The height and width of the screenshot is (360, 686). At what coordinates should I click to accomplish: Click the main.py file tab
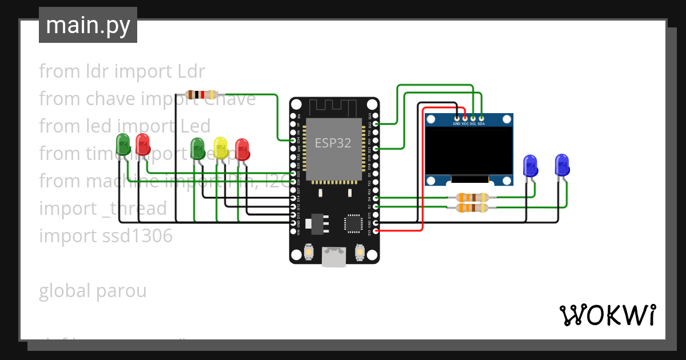tap(87, 25)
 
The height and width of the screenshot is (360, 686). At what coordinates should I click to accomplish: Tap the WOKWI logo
tap(607, 315)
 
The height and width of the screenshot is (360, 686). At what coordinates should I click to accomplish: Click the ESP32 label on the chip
tap(333, 143)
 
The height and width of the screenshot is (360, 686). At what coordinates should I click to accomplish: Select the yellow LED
tap(221, 149)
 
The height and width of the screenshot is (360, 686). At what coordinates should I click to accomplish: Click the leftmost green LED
tap(123, 145)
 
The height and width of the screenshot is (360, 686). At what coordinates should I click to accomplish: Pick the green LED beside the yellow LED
tap(197, 149)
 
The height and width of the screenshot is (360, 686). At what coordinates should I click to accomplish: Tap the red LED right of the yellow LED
tap(242, 149)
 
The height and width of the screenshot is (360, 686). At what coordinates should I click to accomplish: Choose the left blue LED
tap(531, 165)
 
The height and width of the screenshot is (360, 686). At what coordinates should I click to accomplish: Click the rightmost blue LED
tap(563, 165)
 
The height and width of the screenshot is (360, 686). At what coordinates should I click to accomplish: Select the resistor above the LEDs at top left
tap(202, 94)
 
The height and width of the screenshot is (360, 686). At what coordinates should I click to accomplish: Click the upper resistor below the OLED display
tap(472, 198)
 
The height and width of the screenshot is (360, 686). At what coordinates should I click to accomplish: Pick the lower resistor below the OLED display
tap(472, 208)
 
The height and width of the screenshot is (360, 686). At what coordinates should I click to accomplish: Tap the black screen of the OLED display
tap(469, 151)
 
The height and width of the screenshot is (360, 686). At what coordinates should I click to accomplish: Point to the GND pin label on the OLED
tap(457, 123)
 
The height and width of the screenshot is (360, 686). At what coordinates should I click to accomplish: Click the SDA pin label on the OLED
tap(481, 123)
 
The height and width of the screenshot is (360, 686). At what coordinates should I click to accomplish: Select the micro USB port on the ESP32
tap(334, 257)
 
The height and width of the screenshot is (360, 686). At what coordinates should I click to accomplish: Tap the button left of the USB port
tap(309, 251)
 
